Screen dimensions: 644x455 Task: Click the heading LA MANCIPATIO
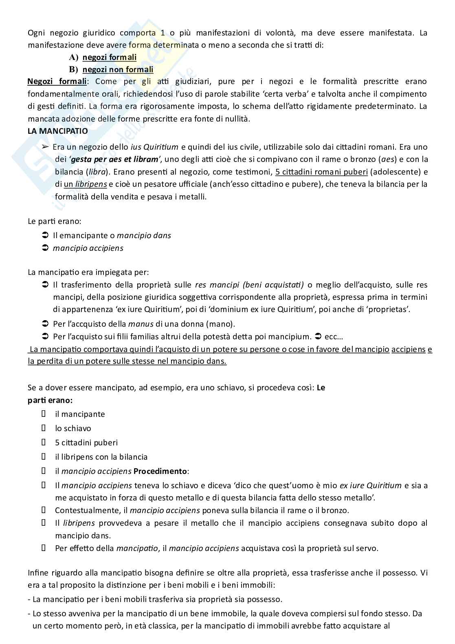pyautogui.click(x=57, y=131)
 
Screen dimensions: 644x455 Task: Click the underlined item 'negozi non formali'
pyautogui.click(x=118, y=70)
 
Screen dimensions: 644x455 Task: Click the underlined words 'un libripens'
pyautogui.click(x=85, y=184)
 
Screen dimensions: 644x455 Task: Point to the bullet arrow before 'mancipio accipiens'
pyautogui.click(x=45, y=248)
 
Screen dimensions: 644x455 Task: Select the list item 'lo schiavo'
pyautogui.click(x=73, y=428)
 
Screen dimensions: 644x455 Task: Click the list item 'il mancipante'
pyautogui.click(x=80, y=414)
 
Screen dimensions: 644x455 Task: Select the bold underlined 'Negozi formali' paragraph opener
pyautogui.click(x=57, y=82)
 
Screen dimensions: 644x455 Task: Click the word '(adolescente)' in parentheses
pyautogui.click(x=393, y=171)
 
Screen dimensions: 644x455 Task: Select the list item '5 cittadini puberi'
pyautogui.click(x=86, y=443)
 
